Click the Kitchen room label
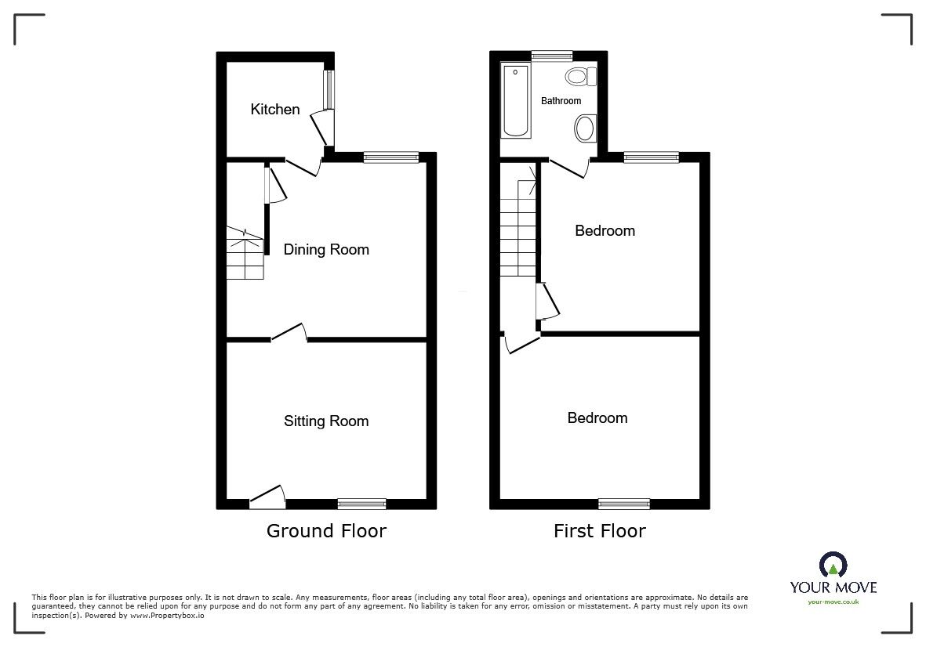click(x=274, y=110)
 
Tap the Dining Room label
click(x=326, y=250)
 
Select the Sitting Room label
click(x=326, y=421)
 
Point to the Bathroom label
click(x=561, y=101)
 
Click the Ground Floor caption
click(x=326, y=531)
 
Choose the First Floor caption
click(x=600, y=531)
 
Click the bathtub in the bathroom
click(x=516, y=100)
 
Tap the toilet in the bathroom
click(x=581, y=76)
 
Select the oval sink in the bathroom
click(x=585, y=128)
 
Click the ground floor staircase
click(x=245, y=255)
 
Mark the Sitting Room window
click(x=362, y=504)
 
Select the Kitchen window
click(x=330, y=90)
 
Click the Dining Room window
click(x=390, y=157)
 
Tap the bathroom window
click(x=551, y=56)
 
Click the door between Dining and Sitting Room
click(x=289, y=334)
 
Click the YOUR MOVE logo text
click(x=833, y=587)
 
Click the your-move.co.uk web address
click(x=833, y=602)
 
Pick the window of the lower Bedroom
click(x=625, y=504)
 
